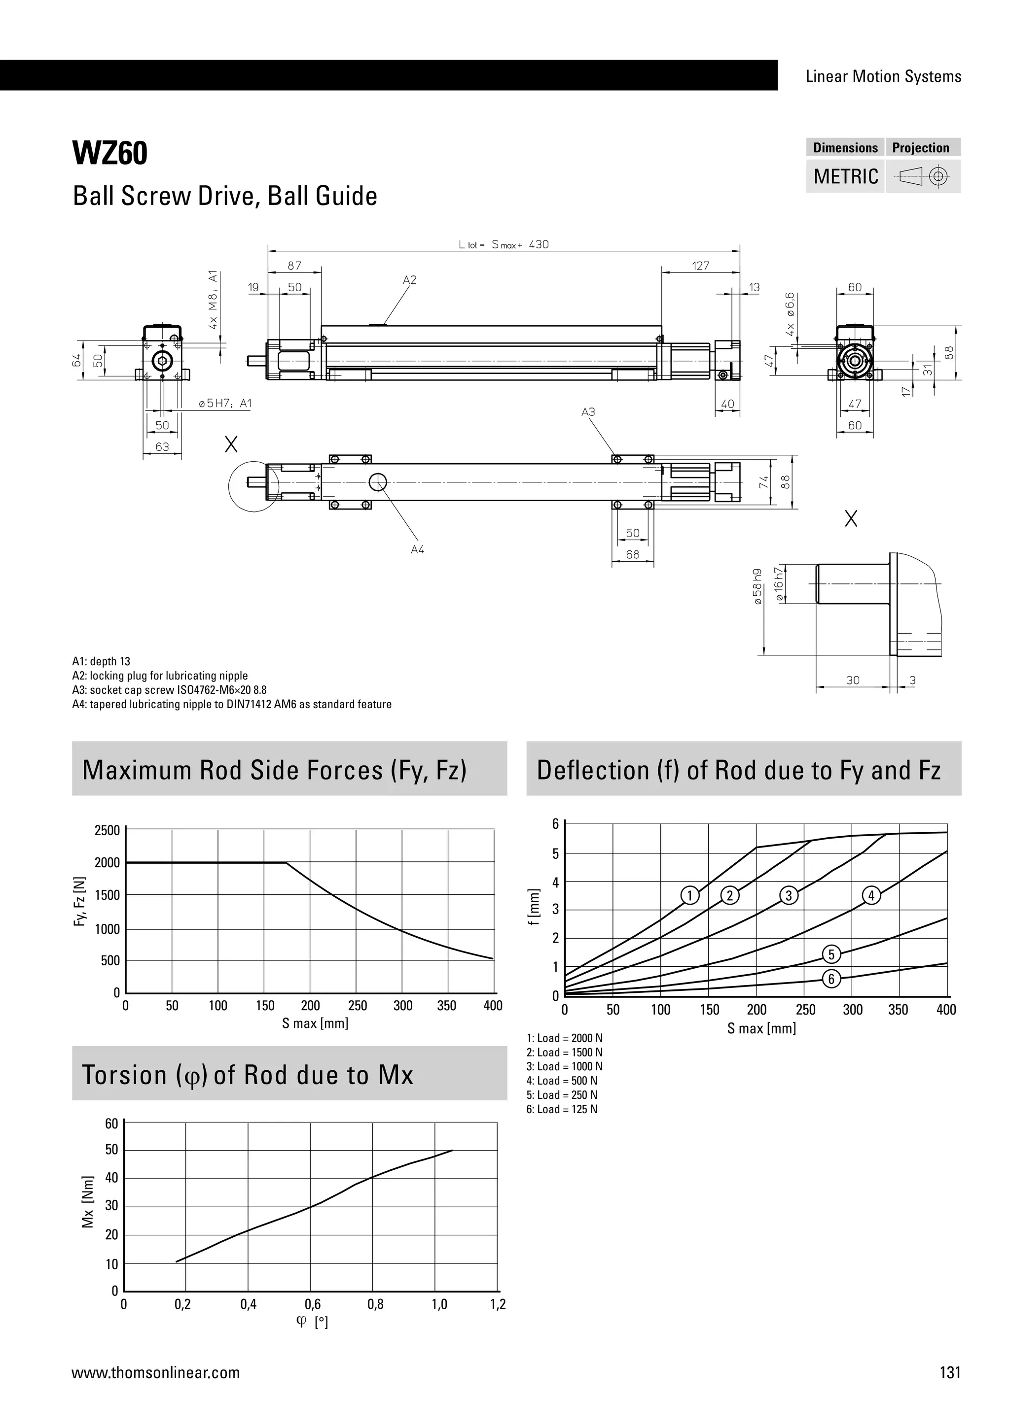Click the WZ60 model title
pyautogui.click(x=110, y=154)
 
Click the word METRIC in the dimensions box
pyautogui.click(x=845, y=176)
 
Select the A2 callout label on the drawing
pyautogui.click(x=409, y=280)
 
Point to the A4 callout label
pyautogui.click(x=417, y=549)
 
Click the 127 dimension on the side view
pyautogui.click(x=700, y=266)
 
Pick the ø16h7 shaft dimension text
pyautogui.click(x=779, y=583)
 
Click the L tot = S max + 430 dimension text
pyautogui.click(x=504, y=245)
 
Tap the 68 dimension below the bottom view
pyautogui.click(x=633, y=554)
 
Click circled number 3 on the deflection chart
pyautogui.click(x=789, y=896)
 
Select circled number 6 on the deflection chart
pyautogui.click(x=831, y=979)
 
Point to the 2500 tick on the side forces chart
pyautogui.click(x=107, y=830)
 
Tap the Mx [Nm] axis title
pyautogui.click(x=88, y=1201)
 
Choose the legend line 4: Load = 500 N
pyautogui.click(x=562, y=1081)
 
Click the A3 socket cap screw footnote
pyautogui.click(x=169, y=690)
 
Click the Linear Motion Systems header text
pyautogui.click(x=883, y=76)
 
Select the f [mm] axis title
pyautogui.click(x=533, y=908)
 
